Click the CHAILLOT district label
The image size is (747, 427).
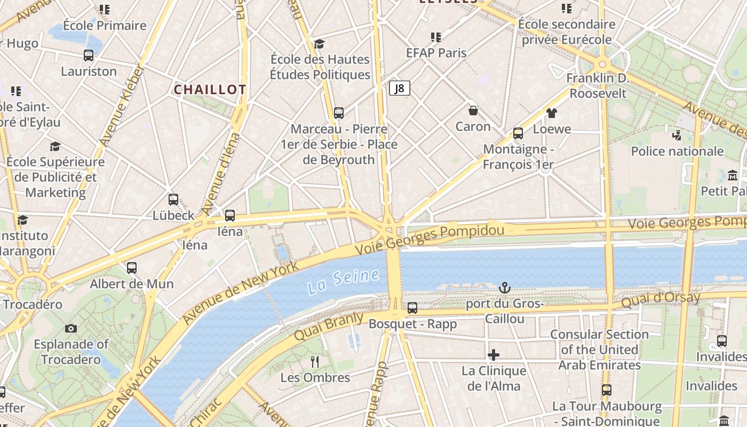210,90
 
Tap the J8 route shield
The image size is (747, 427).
400,89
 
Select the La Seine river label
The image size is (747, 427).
344,281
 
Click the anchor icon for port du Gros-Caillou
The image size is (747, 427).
504,288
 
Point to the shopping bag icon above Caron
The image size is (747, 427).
473,110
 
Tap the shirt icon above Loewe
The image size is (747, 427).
551,113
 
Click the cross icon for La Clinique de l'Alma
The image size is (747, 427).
494,354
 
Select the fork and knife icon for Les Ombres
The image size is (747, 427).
315,362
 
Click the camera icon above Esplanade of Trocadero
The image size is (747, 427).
70,328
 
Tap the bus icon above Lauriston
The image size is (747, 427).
89,55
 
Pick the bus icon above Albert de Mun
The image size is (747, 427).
132,267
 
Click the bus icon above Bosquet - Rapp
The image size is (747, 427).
412,307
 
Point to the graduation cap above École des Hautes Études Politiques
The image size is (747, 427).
320,43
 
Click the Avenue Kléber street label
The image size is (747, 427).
123,106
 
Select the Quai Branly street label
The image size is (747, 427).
328,327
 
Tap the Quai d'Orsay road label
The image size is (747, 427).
661,300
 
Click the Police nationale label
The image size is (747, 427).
677,151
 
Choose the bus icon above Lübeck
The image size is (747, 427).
173,200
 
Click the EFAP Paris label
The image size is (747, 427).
436,53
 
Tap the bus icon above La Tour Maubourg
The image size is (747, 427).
607,390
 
